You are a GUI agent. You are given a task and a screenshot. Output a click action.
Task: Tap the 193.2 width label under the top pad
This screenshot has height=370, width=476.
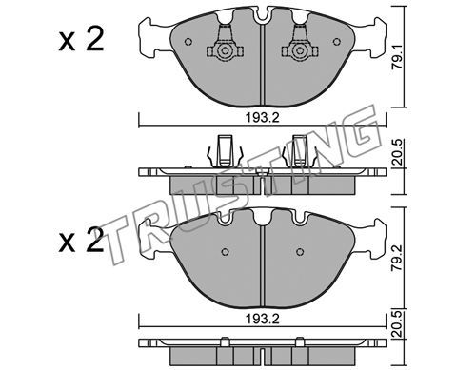point(262,118)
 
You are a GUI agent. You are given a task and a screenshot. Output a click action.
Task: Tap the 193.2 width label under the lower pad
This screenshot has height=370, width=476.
point(262,319)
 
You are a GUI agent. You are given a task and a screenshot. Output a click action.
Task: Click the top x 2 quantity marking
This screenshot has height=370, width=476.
point(82,39)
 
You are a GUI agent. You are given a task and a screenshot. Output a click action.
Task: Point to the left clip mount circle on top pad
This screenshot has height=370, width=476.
point(225,50)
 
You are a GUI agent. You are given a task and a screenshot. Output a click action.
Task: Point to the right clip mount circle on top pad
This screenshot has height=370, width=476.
point(299,50)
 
